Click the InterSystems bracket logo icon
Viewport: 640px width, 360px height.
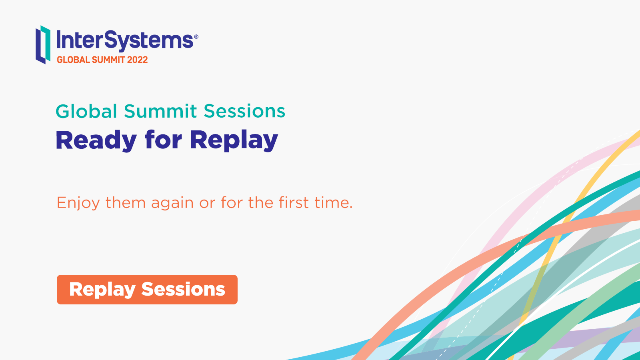(43, 44)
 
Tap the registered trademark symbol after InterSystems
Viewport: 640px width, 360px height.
(196, 36)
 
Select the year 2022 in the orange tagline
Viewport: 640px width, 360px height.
(138, 60)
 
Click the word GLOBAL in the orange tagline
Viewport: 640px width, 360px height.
(74, 60)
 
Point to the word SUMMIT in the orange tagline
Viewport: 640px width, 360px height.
(108, 60)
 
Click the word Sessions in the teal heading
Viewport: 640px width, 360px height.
(244, 111)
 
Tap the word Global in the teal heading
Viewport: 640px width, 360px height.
(86, 111)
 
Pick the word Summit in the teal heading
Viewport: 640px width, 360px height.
(160, 111)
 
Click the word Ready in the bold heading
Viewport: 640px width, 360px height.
(96, 140)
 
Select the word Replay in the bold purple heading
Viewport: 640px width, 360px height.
(234, 140)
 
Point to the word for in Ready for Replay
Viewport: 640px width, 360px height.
(164, 140)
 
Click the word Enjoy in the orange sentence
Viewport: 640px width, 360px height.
(78, 203)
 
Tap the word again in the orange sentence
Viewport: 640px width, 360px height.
(172, 203)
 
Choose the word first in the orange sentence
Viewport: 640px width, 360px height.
(294, 202)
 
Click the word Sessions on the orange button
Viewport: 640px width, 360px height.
(183, 290)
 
